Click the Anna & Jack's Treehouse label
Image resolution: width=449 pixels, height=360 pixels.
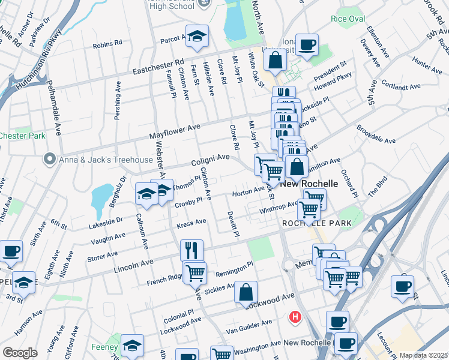pos(105,160)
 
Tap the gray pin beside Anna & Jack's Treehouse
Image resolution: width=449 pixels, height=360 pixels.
pos(49,160)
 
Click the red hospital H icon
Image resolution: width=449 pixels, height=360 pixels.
pos(295,316)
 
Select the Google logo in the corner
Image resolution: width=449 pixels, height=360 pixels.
pos(20,353)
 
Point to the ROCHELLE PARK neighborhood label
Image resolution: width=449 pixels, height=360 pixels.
pos(308,223)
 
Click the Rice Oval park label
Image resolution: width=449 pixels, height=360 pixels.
pos(348,19)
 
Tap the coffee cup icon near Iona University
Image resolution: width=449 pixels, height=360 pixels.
pos(307,44)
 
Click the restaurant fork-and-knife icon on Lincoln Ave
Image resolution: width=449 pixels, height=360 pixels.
pos(192,248)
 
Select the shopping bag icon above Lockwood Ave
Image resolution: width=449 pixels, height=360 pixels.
pos(246,292)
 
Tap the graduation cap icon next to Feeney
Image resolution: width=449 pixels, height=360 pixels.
pos(132,345)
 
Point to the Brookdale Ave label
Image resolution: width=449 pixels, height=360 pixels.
pos(376,135)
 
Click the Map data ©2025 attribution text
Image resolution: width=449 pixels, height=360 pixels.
pos(423,355)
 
